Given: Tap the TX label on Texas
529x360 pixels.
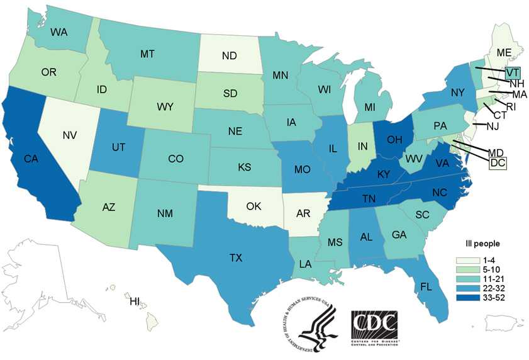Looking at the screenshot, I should pos(235,257).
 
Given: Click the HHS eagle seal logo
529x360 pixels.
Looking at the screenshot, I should pos(308,330).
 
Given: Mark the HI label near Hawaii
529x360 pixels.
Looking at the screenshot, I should pos(135,301).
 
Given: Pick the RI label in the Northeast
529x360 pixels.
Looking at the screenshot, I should pos(510,107).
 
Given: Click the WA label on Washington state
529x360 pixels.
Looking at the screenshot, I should pos(59,31).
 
